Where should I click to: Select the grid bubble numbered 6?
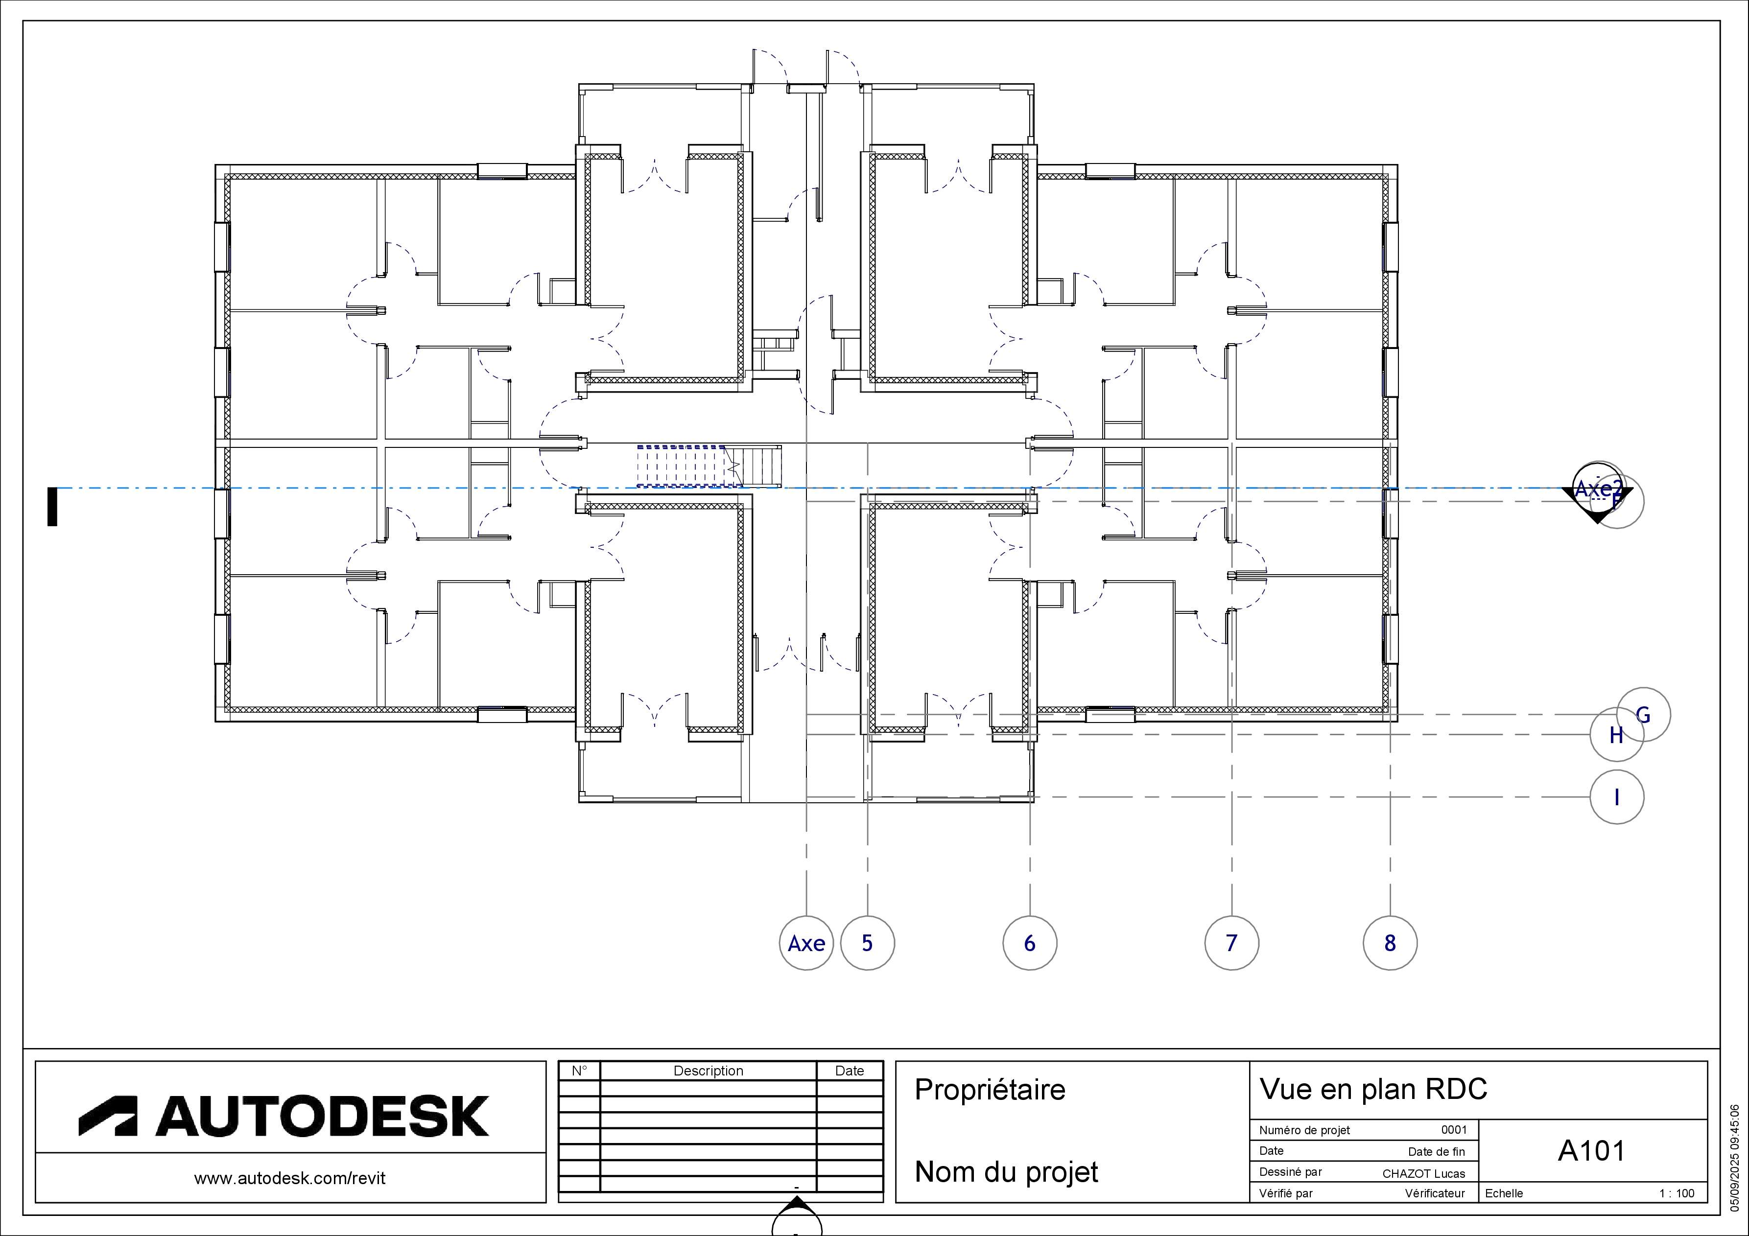tap(1029, 943)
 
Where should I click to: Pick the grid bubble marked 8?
tap(1390, 943)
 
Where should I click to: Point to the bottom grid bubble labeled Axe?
tap(806, 943)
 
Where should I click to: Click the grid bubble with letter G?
tap(1643, 714)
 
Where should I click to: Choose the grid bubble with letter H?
tap(1616, 735)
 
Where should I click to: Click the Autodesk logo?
tap(284, 1115)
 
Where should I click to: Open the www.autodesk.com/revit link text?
tap(290, 1178)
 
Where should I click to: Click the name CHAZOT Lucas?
tap(1424, 1173)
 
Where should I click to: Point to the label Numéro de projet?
tap(1304, 1130)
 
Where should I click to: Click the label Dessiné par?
tap(1290, 1172)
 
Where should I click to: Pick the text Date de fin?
tap(1436, 1151)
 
